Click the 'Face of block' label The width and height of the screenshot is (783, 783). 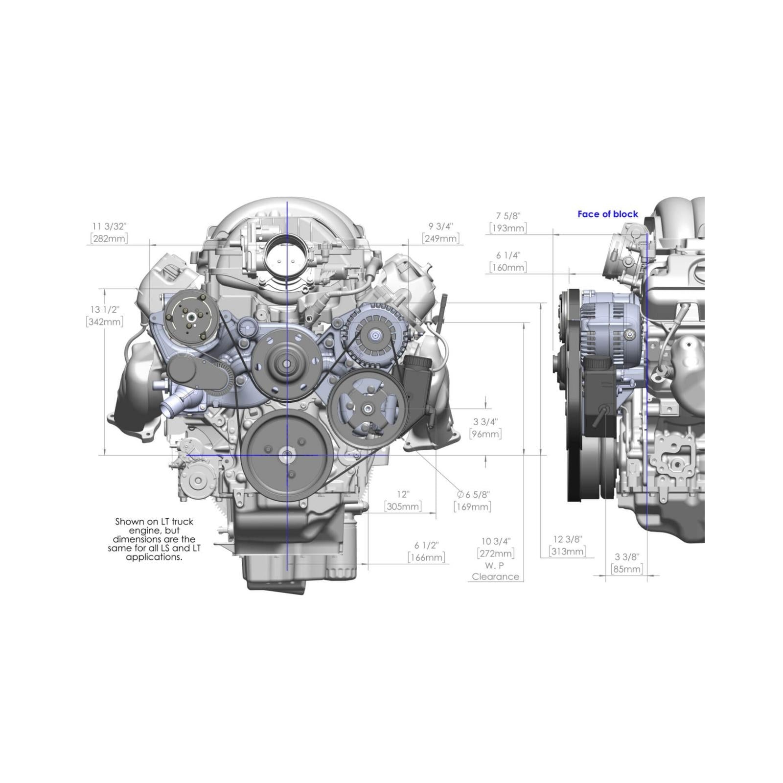[x=607, y=214]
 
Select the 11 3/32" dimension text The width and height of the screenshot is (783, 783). [x=109, y=226]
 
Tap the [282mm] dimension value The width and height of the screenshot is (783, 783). [x=109, y=238]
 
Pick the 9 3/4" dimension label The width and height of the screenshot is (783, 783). [x=440, y=226]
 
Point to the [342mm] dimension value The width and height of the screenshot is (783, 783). [x=105, y=322]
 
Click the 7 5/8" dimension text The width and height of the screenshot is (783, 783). [x=508, y=216]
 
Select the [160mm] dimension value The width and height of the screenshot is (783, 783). [x=508, y=267]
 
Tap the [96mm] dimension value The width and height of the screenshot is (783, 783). [x=485, y=434]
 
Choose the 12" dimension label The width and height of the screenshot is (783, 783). [x=403, y=494]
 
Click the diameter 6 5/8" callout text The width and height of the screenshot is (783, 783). [x=473, y=494]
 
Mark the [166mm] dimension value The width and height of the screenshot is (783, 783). [x=426, y=557]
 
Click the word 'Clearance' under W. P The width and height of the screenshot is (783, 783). [x=495, y=576]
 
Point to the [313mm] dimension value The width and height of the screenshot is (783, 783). [x=567, y=552]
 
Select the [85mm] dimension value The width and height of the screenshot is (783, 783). [x=627, y=569]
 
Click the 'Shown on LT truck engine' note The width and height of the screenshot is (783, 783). [x=154, y=539]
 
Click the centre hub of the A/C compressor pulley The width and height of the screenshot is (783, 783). [x=189, y=317]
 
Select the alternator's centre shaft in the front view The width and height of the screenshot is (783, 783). [x=375, y=336]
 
